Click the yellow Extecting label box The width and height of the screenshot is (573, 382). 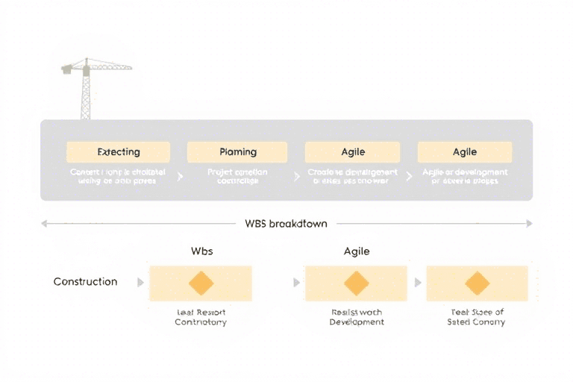[x=119, y=152]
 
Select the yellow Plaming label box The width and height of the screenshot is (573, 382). [x=238, y=152]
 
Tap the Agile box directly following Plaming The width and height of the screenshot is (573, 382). [x=353, y=152]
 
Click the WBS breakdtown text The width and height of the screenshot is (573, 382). [x=286, y=223]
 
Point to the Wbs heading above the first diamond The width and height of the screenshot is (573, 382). [x=201, y=251]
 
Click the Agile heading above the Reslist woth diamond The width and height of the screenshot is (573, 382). [x=357, y=251]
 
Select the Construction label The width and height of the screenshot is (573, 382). [x=85, y=282]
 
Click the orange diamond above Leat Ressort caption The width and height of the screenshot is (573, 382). [x=201, y=284]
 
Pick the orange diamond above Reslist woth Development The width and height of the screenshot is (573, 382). [x=357, y=284]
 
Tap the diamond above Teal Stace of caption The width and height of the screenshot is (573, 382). [x=477, y=284]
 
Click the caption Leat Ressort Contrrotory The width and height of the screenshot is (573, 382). [x=201, y=317]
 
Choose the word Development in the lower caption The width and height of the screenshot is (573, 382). [x=357, y=322]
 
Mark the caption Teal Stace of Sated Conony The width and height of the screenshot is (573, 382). [x=476, y=317]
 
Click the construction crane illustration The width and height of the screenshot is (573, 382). [x=87, y=86]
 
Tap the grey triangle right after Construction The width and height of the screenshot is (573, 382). [x=140, y=283]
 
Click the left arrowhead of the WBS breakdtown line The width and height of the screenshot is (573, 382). [x=44, y=223]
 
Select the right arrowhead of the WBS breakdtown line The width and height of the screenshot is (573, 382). [x=529, y=223]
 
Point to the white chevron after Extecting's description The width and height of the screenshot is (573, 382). [x=180, y=177]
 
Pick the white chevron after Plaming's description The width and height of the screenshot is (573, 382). [x=295, y=177]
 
